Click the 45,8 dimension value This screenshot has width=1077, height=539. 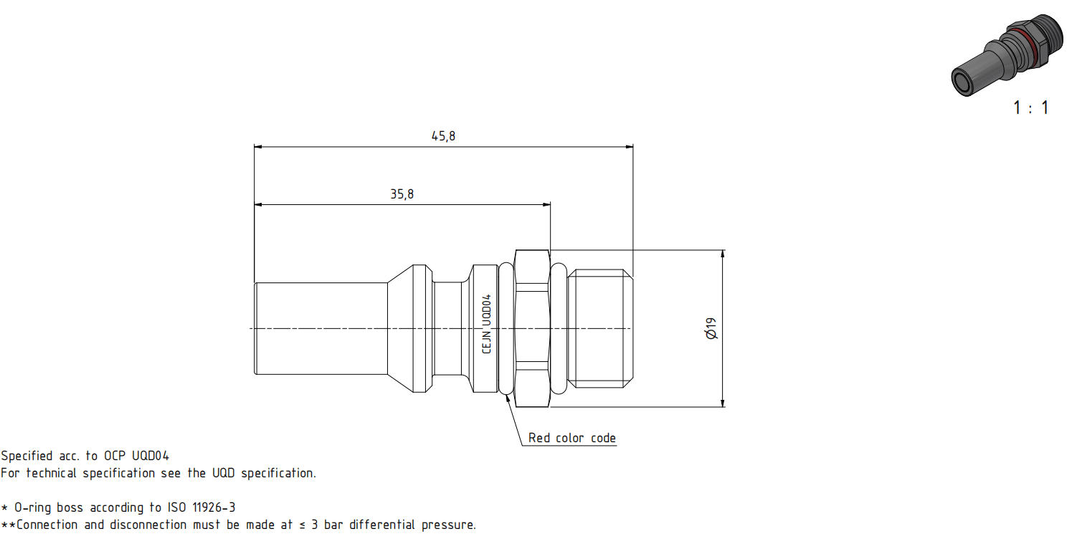tap(443, 136)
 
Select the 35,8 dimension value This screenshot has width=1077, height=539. tap(402, 194)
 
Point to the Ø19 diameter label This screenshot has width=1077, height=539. tap(711, 328)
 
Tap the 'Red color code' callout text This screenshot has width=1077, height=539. tap(571, 438)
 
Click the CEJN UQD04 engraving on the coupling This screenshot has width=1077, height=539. tap(487, 323)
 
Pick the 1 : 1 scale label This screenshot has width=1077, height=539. tap(1030, 108)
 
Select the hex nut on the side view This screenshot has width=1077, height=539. tap(532, 328)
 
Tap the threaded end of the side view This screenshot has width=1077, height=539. tap(600, 328)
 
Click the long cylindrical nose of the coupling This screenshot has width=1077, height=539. tap(321, 328)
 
